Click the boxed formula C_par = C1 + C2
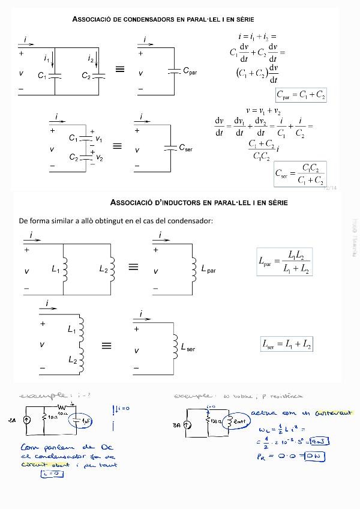point(301,95)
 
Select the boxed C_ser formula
point(299,174)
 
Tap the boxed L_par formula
point(284,262)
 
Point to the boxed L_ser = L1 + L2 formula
point(286,344)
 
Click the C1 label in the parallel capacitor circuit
point(41,76)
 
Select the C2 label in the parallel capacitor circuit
point(86,76)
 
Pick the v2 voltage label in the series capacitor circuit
point(99,158)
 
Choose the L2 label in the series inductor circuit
point(72,360)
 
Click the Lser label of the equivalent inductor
point(188,348)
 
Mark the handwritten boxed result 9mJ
point(318,442)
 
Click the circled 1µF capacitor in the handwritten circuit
point(79,421)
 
